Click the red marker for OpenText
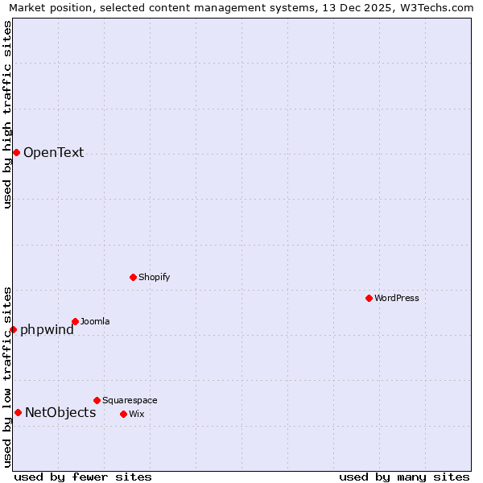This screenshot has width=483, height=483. click(16, 152)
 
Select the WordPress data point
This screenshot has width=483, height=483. click(369, 298)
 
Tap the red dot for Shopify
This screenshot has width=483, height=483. click(133, 277)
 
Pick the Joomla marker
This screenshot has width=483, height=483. click(75, 321)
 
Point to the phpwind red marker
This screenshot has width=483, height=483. click(13, 329)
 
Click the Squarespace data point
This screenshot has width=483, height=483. click(97, 400)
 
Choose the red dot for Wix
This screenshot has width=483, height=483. click(123, 414)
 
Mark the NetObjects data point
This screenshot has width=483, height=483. click(18, 413)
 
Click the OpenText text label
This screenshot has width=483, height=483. click(53, 153)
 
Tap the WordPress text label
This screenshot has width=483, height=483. click(396, 298)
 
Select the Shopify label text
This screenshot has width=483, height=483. click(154, 277)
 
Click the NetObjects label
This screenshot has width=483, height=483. click(60, 413)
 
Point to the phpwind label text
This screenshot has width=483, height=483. click(47, 329)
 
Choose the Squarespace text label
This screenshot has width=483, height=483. click(130, 400)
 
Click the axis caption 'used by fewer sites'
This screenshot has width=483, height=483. click(83, 477)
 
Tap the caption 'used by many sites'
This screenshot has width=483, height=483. click(404, 477)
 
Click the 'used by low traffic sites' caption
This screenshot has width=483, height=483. click(8, 376)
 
